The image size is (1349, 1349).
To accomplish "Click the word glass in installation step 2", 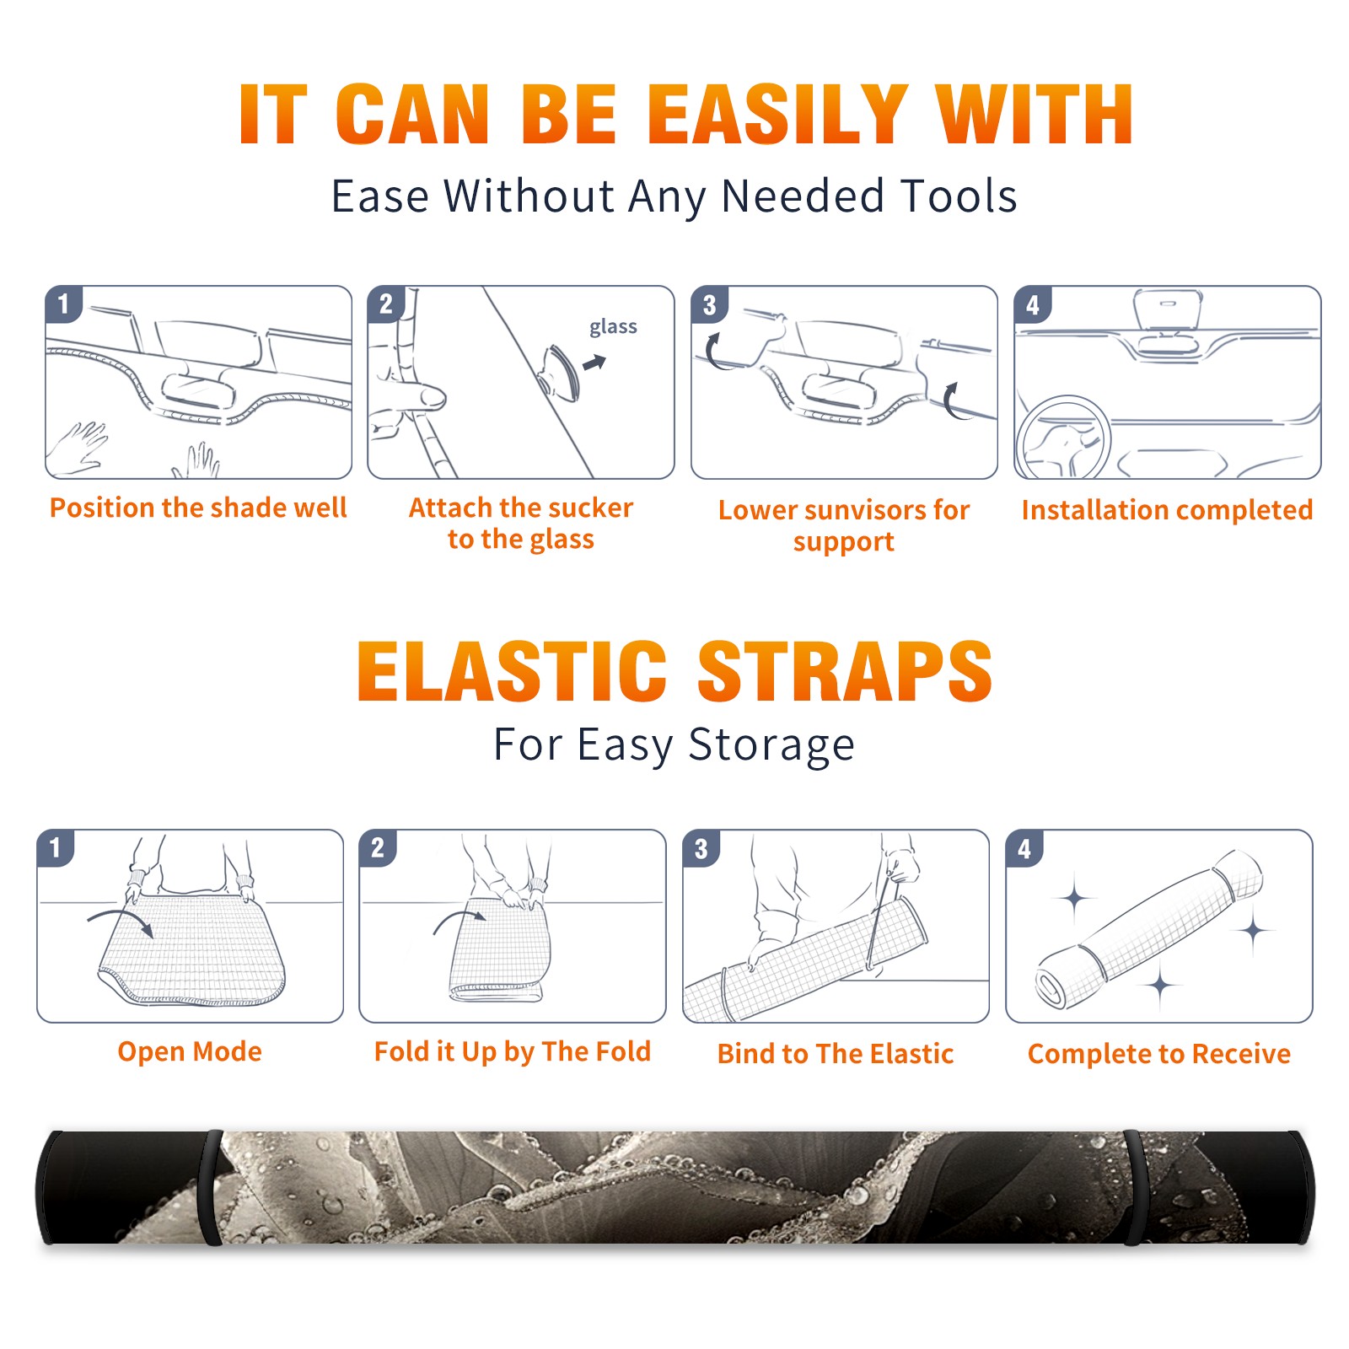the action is coord(613,327).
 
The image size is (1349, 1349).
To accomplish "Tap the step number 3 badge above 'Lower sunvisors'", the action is coord(710,304).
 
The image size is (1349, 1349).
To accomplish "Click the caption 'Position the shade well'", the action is coord(198,508).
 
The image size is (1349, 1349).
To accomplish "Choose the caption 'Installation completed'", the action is coord(1167,510).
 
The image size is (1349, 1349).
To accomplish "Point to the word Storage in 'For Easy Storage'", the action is coord(771,745).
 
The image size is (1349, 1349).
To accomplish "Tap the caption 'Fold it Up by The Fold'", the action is coord(513,1051).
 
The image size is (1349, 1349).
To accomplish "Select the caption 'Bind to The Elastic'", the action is coord(836,1054).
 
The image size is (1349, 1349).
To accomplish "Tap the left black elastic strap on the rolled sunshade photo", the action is coord(212,1188).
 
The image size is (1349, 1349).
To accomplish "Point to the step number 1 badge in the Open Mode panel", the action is coord(56,847).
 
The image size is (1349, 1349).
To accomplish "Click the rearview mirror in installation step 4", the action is coord(1168,309).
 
